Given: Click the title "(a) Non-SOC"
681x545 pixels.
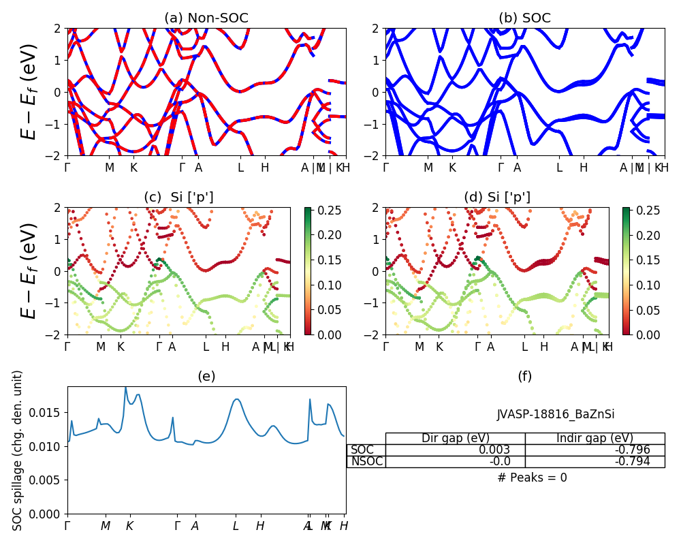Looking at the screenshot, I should (206, 18).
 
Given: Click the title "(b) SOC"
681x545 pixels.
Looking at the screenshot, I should (524, 18).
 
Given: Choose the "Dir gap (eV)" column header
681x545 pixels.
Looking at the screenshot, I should (456, 438).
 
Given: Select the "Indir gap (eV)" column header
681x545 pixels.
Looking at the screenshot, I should (595, 438).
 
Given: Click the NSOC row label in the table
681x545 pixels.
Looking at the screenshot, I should (367, 461).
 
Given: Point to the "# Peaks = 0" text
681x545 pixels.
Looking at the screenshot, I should (532, 478).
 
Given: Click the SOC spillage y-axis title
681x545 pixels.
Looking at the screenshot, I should (18, 450).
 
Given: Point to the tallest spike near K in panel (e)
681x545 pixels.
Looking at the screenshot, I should (125, 388).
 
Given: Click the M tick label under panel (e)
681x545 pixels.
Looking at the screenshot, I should (106, 526).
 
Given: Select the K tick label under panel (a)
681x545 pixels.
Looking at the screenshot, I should (133, 167).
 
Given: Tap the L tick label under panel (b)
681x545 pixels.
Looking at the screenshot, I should (559, 167).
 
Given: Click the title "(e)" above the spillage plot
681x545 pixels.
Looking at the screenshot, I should (206, 376).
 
